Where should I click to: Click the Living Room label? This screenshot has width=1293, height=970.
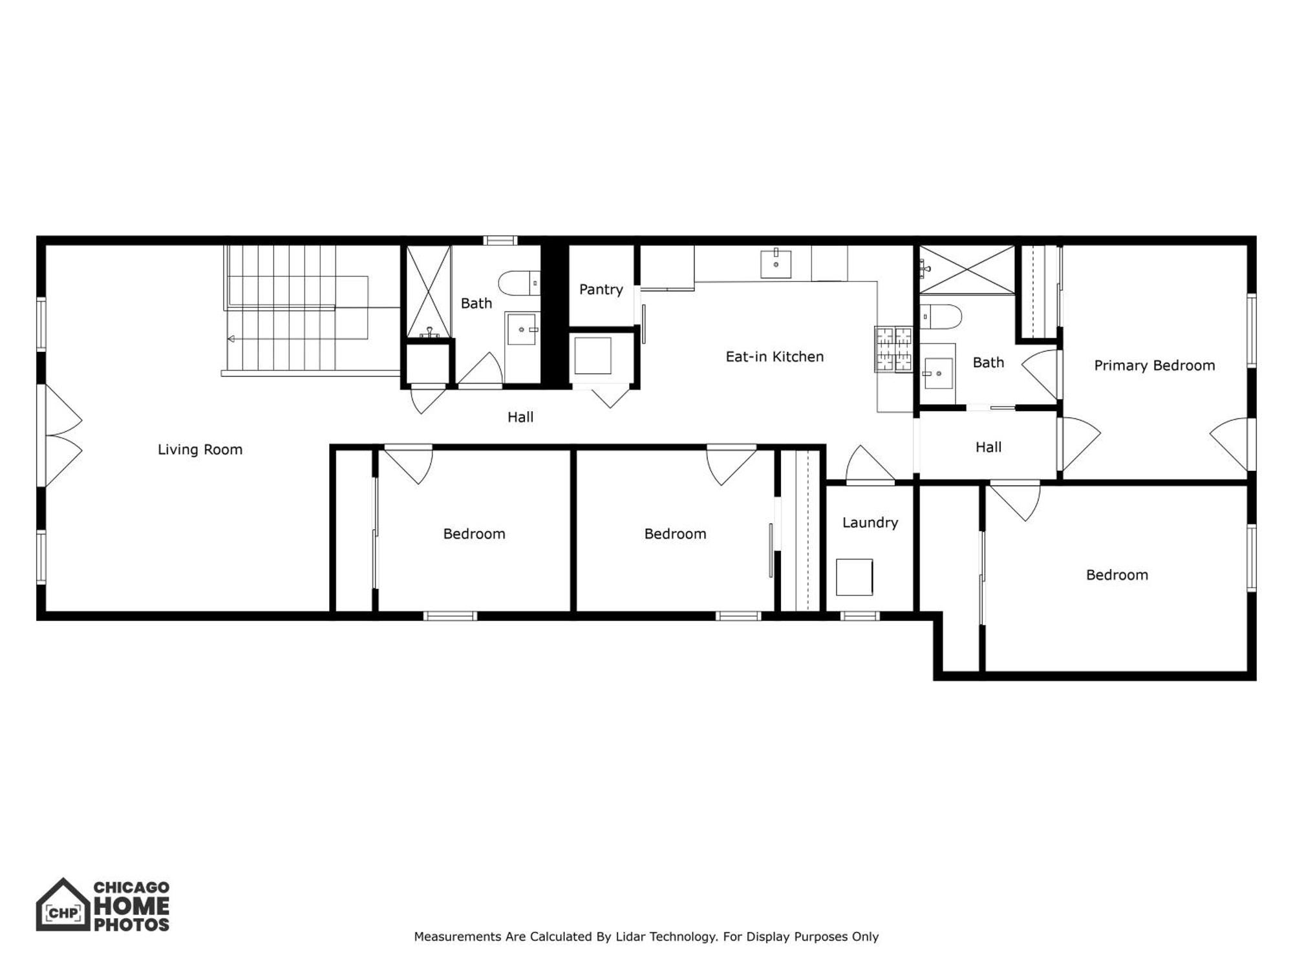tap(200, 449)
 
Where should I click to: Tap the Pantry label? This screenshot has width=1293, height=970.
tap(601, 289)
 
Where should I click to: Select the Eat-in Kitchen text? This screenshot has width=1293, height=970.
tap(775, 356)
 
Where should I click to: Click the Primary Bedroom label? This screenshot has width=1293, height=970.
tap(1154, 365)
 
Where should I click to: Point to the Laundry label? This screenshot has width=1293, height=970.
tap(870, 523)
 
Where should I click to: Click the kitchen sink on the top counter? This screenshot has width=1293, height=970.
tap(776, 263)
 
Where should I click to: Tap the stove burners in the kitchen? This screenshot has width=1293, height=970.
tap(893, 349)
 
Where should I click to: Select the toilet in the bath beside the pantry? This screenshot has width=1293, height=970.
tap(517, 283)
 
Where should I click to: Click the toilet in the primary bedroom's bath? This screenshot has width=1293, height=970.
tap(941, 317)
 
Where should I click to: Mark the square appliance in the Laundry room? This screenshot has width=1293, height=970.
tap(854, 577)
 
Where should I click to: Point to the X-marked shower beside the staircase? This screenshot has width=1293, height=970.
tap(428, 291)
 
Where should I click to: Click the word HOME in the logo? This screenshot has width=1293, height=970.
tap(132, 907)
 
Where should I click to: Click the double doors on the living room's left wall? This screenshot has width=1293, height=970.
tap(61, 435)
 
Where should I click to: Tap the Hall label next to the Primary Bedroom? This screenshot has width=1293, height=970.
tap(988, 447)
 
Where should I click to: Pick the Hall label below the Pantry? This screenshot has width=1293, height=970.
tap(520, 417)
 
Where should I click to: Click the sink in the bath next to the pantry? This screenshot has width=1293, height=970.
tap(521, 330)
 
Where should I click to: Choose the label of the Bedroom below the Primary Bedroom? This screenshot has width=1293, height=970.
tap(1117, 575)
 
